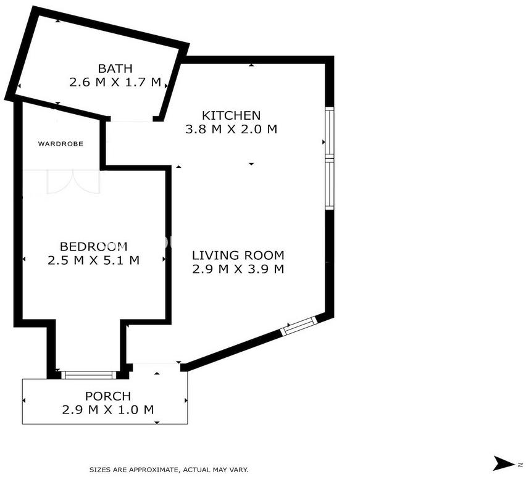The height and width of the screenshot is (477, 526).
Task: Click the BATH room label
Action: coord(115,68)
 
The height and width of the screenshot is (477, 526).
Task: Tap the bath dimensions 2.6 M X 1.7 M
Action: coord(115,82)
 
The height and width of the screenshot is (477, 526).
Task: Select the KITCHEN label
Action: coord(231,115)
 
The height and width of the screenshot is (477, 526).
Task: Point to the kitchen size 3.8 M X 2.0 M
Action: coord(231,129)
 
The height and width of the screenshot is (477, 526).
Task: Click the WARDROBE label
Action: coord(61,144)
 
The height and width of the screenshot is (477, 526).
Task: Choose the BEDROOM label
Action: coord(94,246)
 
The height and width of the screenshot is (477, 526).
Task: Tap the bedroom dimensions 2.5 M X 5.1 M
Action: coord(94,260)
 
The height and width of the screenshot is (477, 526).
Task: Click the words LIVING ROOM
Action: coord(238,255)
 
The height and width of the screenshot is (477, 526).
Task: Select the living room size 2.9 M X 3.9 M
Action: coord(238,269)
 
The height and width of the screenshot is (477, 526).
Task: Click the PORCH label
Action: coord(107,396)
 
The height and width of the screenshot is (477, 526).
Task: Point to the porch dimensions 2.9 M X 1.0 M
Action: coord(107,410)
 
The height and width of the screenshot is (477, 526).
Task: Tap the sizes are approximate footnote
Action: coord(169,470)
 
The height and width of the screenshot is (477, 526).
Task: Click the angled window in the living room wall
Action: coord(299,325)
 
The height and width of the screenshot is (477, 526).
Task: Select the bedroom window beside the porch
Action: coord(89,375)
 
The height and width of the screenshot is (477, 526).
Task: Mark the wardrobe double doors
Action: coord(73,182)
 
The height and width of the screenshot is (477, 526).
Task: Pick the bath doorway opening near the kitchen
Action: coord(132,119)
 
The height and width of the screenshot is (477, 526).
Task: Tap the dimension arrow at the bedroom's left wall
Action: coord(24,259)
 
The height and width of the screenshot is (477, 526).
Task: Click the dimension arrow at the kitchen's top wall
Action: coord(251,65)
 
